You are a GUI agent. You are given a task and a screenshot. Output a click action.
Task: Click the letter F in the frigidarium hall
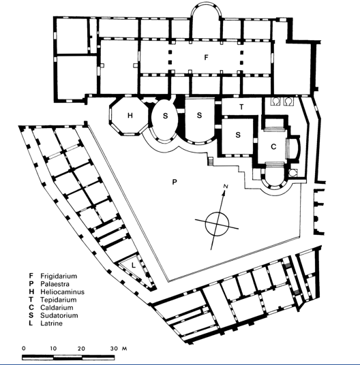pos(206,57)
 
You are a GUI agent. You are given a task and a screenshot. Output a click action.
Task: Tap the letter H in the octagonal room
pos(130,115)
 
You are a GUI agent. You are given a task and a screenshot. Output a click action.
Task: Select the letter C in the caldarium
pos(273,146)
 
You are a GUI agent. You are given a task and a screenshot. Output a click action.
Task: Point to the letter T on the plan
pos(241,107)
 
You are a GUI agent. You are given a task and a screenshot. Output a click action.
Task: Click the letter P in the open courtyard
pos(175,182)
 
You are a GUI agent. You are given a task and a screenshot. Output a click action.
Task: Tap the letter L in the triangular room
pos(133,265)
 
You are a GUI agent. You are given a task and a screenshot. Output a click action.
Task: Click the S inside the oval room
pos(165,116)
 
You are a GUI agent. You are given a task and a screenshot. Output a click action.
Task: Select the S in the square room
pos(238,135)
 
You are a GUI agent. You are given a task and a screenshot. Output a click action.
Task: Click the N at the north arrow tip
pos(225,186)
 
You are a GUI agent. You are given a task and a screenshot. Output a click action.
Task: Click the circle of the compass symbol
pos(217,212)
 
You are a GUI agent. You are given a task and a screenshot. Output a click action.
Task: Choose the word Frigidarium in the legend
pos(59,276)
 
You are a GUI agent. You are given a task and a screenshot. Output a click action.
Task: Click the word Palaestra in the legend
pos(55,284)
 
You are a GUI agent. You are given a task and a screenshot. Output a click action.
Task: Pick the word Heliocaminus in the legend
pos(63,292)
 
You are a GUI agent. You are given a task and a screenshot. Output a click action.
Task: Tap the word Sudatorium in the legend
pos(59,315)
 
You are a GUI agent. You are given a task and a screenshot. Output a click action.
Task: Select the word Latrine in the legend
pos(51,323)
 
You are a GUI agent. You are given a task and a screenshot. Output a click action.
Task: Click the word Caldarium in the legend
pos(57,308)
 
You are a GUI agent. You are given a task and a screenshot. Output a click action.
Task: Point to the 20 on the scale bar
pos(81,349)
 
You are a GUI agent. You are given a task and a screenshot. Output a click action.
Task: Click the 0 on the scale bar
pos(24,349)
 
